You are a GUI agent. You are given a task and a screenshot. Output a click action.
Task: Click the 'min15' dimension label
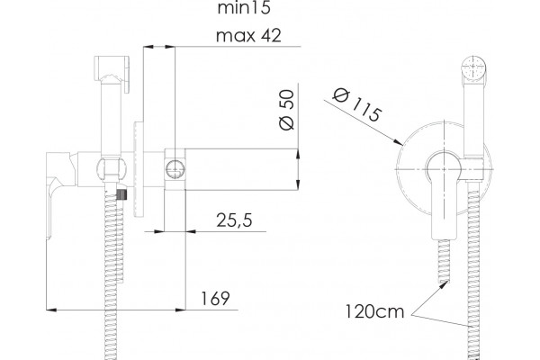point(244,8)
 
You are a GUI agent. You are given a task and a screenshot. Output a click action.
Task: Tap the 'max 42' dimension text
point(248,35)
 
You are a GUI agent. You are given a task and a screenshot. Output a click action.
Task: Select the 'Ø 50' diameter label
point(287,110)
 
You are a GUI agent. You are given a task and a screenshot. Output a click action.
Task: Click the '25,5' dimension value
point(234,220)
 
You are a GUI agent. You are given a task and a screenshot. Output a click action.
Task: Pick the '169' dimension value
point(215,298)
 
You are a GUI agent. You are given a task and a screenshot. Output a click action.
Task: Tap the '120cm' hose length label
point(374,311)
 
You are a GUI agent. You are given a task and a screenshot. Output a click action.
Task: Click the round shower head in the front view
point(474,67)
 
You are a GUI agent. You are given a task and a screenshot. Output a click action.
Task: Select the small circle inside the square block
point(175,169)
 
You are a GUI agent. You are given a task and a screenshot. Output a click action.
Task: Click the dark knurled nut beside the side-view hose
point(122,194)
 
